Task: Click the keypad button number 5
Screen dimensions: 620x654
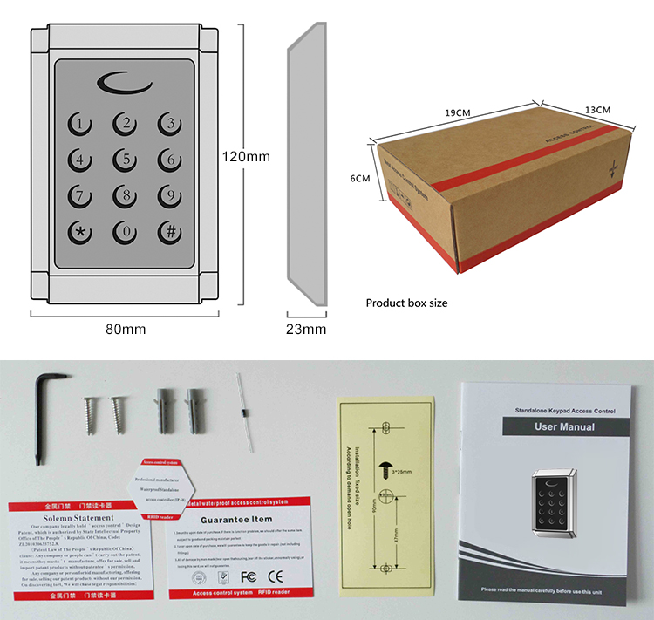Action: (126, 159)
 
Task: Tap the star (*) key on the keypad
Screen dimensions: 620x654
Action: (80, 232)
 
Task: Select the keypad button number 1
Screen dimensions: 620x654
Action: (80, 124)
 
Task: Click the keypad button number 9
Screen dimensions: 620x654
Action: (170, 195)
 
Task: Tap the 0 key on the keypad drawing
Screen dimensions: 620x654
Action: (126, 232)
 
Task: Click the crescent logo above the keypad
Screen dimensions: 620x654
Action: (124, 83)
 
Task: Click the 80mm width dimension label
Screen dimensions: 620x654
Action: (124, 329)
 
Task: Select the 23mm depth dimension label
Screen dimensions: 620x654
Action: (305, 329)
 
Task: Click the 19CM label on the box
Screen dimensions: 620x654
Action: (458, 113)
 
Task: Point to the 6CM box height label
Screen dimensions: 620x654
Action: (360, 178)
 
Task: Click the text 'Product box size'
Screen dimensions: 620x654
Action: (406, 303)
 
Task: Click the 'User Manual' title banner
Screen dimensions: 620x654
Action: (564, 426)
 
